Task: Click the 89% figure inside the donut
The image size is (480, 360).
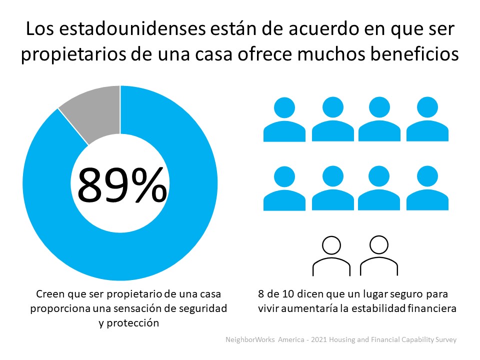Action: pos(121,184)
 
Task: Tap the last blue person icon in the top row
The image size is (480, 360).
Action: pos(427,120)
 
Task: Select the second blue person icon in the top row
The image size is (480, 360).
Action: pos(333,120)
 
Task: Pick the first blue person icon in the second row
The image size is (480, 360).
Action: pos(284,188)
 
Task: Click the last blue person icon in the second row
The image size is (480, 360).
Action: pos(427,188)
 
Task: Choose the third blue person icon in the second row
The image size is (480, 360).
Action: pos(379,188)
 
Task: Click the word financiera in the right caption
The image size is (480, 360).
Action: pos(431,308)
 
